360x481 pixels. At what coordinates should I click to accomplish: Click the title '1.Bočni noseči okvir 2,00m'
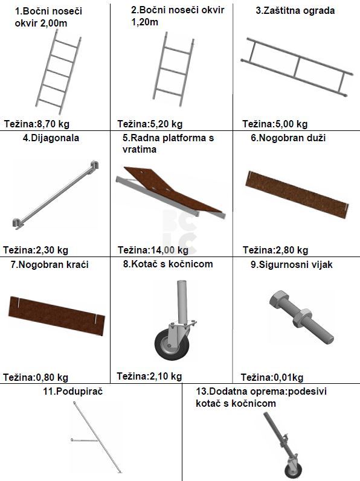click(x=48, y=17)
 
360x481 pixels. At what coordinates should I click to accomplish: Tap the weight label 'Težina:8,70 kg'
click(x=36, y=124)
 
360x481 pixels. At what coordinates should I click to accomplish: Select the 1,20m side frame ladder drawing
click(x=173, y=69)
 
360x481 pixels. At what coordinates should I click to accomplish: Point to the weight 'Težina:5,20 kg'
click(x=150, y=124)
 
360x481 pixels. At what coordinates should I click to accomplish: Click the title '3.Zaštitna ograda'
click(x=295, y=11)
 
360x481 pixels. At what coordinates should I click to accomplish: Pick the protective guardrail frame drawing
click(x=297, y=67)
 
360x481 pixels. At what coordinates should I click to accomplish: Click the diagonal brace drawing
click(x=56, y=195)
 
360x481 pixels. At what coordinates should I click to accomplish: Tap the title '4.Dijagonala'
click(x=51, y=138)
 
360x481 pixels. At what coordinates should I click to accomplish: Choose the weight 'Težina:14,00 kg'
click(x=153, y=250)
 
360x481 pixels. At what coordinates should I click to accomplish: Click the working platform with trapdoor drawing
click(x=170, y=193)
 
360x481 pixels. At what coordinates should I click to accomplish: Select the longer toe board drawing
click(x=297, y=194)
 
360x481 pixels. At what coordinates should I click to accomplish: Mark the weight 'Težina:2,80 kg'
click(x=275, y=250)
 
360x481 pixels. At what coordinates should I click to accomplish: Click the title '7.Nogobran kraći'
click(x=50, y=264)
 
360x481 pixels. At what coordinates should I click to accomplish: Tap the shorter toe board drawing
click(x=56, y=316)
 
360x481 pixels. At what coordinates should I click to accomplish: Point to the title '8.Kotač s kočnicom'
click(x=168, y=264)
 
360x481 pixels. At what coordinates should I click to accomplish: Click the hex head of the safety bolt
click(x=279, y=299)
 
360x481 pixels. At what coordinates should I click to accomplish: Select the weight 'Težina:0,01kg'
click(x=272, y=377)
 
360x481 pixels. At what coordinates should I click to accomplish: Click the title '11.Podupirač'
click(x=73, y=392)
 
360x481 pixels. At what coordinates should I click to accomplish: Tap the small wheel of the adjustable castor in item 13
click(x=293, y=470)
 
